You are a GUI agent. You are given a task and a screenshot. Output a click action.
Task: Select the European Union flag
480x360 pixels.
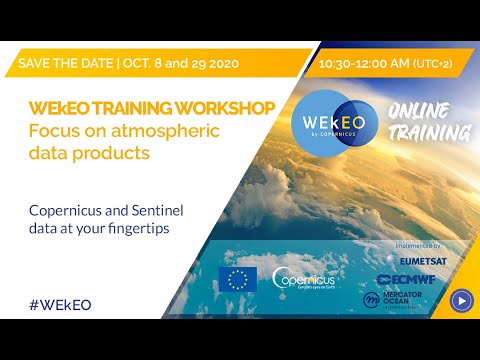click(x=237, y=279)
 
